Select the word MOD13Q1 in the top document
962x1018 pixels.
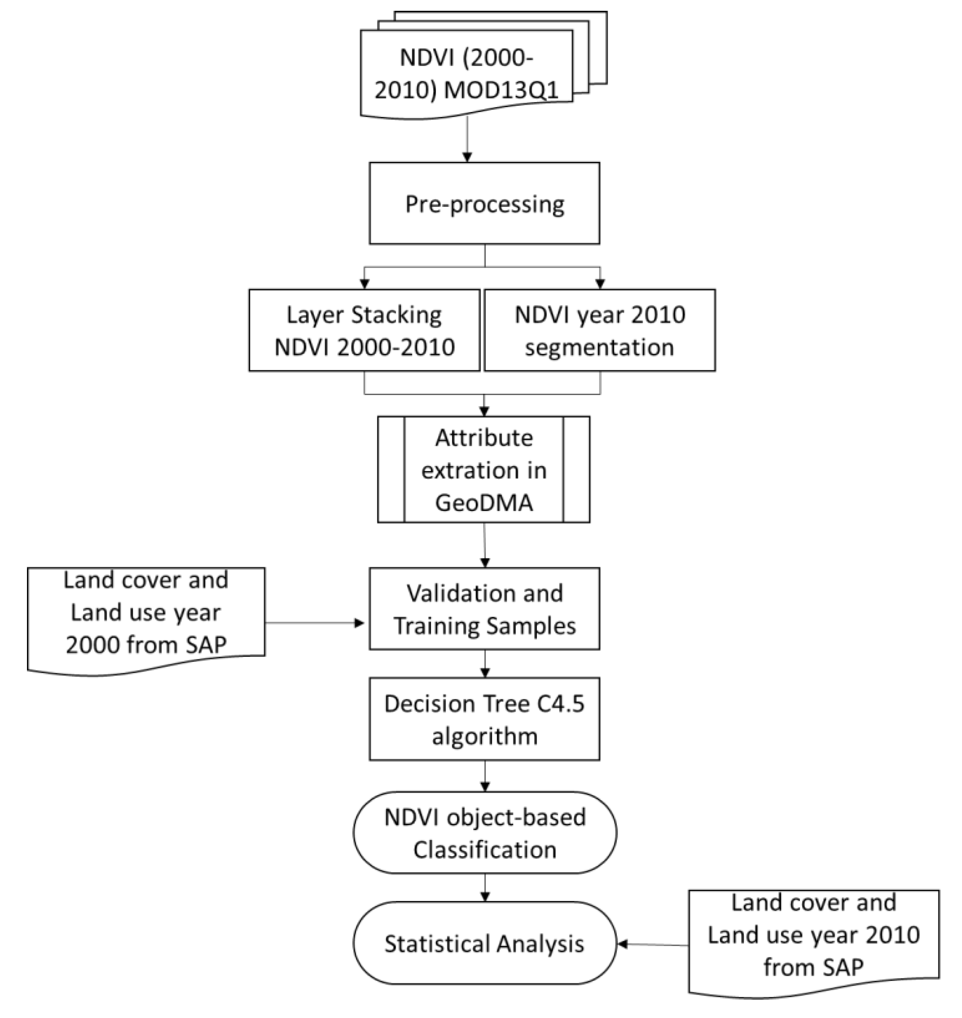point(501,91)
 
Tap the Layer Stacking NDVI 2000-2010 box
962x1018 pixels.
point(364,331)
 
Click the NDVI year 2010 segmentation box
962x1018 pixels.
point(599,331)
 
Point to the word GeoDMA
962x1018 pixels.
point(484,503)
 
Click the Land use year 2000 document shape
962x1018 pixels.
point(146,613)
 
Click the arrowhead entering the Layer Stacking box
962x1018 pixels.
point(365,283)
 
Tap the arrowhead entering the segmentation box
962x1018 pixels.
point(601,283)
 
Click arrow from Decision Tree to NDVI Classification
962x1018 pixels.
point(485,776)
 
